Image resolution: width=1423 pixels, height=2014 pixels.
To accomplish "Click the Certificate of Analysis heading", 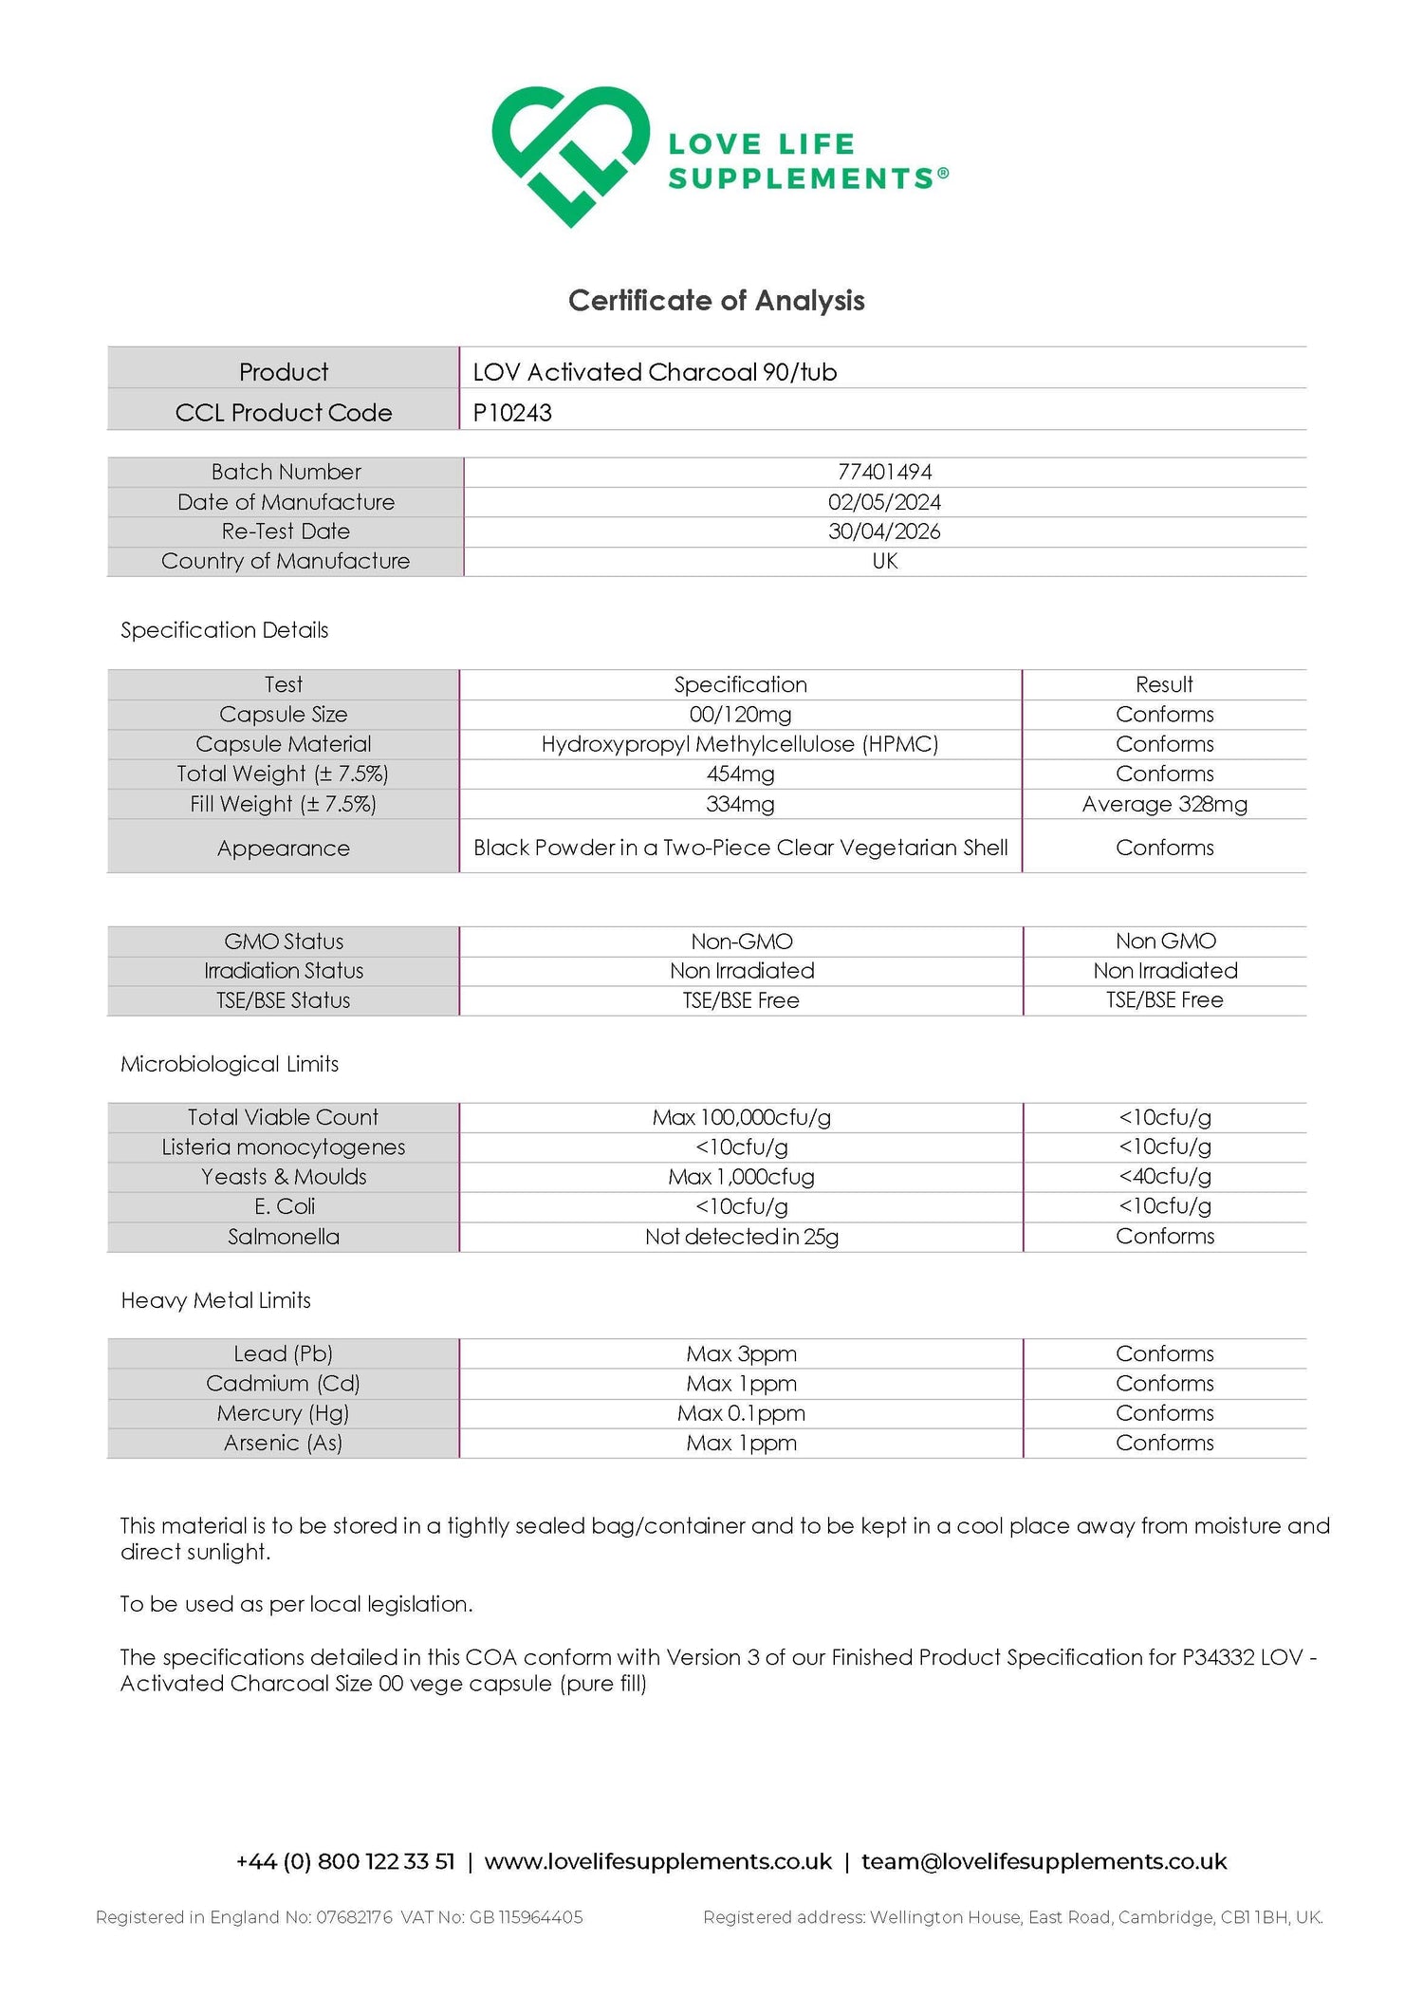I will coord(716,301).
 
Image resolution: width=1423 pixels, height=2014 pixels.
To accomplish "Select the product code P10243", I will coord(512,413).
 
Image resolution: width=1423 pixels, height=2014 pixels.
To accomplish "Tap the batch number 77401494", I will coord(884,472).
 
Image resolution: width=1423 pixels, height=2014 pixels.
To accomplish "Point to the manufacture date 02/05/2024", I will coord(884,502).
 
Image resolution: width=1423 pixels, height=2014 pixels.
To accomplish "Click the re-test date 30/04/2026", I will coord(884,531).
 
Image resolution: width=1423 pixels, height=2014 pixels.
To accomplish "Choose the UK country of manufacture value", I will coord(884,561).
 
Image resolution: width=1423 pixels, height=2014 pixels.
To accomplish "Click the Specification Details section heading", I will coord(224,630).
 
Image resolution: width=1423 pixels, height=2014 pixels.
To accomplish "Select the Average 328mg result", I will coord(1164,805).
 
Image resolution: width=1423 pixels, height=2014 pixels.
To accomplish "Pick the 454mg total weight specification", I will coord(740,774).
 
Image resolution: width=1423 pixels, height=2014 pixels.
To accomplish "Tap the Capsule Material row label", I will coord(283,744).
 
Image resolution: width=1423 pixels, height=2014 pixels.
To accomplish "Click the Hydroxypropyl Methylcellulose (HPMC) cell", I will coord(740,744).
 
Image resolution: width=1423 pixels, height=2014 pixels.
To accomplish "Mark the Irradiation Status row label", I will coord(283,971).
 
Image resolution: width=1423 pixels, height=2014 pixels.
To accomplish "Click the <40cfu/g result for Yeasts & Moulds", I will coord(1164,1177).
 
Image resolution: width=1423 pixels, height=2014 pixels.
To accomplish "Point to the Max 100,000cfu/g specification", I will coord(741,1118).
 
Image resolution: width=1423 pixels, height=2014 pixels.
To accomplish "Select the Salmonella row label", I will coord(283,1237).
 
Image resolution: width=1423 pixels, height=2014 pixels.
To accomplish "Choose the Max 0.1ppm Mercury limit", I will coord(741,1413).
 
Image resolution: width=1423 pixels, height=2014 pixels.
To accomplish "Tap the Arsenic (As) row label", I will coord(283,1444).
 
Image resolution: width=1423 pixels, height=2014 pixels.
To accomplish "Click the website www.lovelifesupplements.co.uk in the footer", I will coord(657,1862).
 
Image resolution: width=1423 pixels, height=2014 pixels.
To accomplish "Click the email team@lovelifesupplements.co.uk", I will coord(1044,1862).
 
